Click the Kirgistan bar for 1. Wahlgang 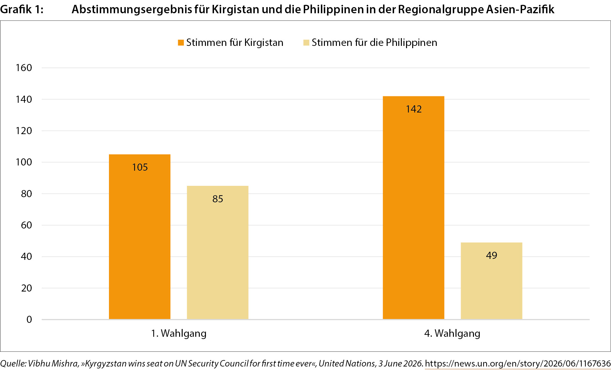140,237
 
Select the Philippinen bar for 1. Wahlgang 218,252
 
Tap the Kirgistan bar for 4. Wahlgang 413,208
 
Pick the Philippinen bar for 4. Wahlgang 491,281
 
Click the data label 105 140,167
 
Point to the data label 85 218,199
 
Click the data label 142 414,109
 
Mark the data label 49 491,255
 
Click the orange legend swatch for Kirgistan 181,43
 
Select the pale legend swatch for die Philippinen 306,43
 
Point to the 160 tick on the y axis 24,68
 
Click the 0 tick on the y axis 29,320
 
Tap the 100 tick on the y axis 24,162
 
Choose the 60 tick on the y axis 27,225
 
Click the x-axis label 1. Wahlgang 179,334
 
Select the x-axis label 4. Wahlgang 452,334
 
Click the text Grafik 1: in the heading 22,9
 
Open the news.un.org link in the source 518,364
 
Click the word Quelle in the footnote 13,364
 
